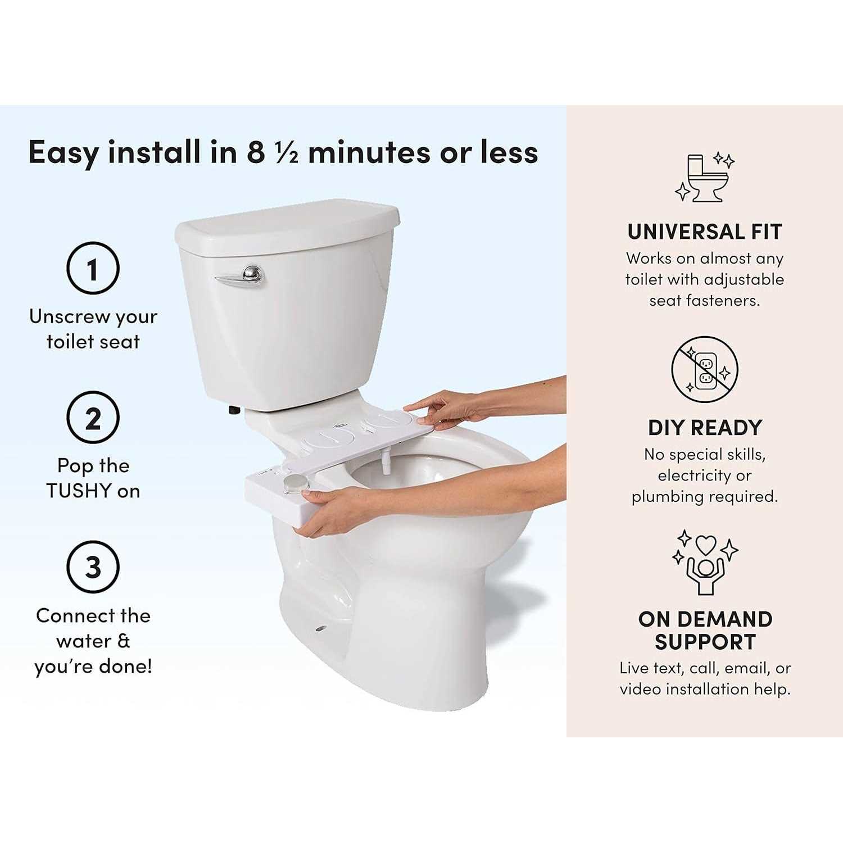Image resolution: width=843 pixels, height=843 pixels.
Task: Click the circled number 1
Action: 93,269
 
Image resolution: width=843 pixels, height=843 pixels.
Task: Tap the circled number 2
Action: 93,418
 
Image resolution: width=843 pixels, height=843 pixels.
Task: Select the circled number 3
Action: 93,567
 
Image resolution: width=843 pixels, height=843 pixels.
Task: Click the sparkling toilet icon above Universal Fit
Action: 704,177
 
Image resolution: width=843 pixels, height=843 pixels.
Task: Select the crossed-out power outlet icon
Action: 704,369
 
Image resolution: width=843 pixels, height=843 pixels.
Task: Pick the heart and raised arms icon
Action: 705,562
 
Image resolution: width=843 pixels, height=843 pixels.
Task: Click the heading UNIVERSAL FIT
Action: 704,232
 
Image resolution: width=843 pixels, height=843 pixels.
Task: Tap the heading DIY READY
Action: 705,428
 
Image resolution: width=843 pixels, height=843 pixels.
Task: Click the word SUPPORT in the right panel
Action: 705,642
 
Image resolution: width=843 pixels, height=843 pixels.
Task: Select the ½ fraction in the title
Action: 287,152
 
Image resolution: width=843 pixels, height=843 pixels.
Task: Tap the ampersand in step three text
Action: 124,641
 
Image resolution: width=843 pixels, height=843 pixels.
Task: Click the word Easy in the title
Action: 63,152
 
